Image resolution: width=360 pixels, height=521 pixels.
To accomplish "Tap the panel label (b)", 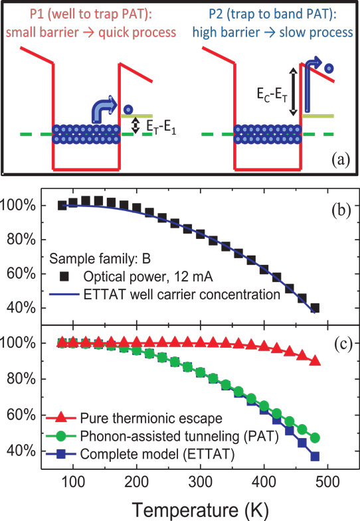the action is [x=341, y=210].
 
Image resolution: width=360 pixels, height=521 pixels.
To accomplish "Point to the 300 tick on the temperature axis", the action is [x=200, y=481].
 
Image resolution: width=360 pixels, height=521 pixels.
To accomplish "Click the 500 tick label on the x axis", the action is [x=327, y=481].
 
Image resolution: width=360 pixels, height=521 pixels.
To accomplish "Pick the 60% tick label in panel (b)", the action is [x=21, y=274].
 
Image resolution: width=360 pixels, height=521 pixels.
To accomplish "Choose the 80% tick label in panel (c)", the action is [x=21, y=379].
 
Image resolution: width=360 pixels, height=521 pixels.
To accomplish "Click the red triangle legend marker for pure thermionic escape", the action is [x=62, y=417].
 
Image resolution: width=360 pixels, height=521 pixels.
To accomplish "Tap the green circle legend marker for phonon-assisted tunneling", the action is [x=62, y=436].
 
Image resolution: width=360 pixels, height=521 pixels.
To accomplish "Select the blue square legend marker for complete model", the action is [x=62, y=454].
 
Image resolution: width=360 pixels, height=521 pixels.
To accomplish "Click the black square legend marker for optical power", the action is [x=64, y=276].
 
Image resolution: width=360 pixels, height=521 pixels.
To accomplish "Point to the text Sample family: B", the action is [x=100, y=258].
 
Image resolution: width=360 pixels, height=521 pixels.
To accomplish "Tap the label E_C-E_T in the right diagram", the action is [x=272, y=95].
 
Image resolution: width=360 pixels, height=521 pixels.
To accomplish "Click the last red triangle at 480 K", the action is [x=314, y=361].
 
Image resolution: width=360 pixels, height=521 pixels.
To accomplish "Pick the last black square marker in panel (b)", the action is [x=315, y=308].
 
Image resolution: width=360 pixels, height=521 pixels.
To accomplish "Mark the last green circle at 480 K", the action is [x=315, y=438].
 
